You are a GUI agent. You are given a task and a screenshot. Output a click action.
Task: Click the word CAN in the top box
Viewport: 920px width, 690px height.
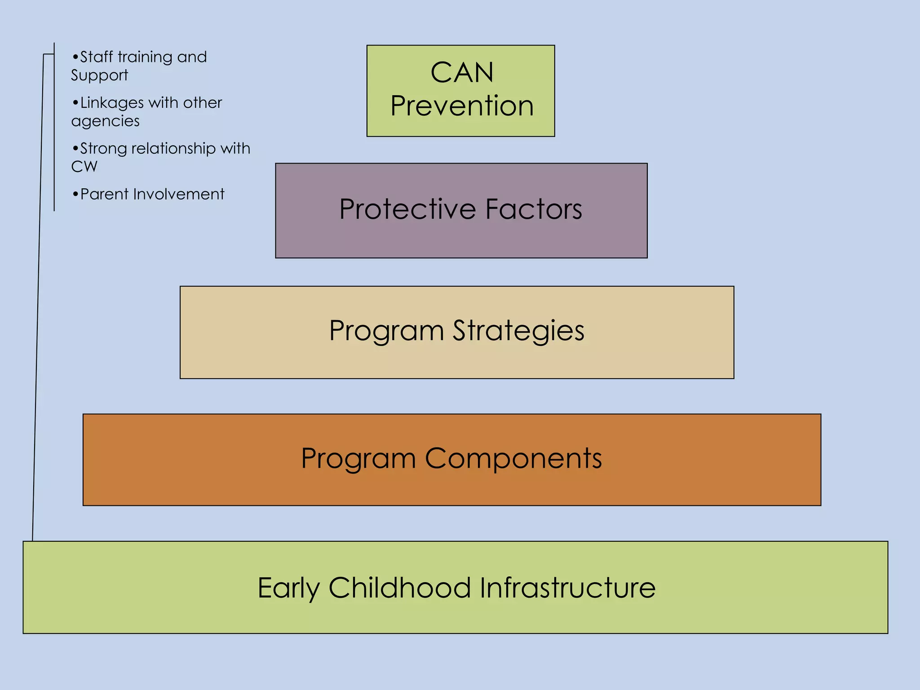click(462, 72)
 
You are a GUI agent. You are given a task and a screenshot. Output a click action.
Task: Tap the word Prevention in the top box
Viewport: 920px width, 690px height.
click(462, 106)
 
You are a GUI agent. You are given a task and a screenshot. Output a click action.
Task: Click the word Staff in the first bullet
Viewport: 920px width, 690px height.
click(96, 57)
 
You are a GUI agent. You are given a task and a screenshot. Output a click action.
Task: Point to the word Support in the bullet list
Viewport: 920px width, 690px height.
click(99, 75)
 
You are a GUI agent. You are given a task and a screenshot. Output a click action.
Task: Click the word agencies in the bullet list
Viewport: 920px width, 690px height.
click(105, 121)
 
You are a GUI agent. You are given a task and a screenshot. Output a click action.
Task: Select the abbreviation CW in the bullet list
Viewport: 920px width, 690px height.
click(84, 167)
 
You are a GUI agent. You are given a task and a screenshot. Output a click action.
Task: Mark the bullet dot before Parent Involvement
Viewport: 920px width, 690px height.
click(75, 195)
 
